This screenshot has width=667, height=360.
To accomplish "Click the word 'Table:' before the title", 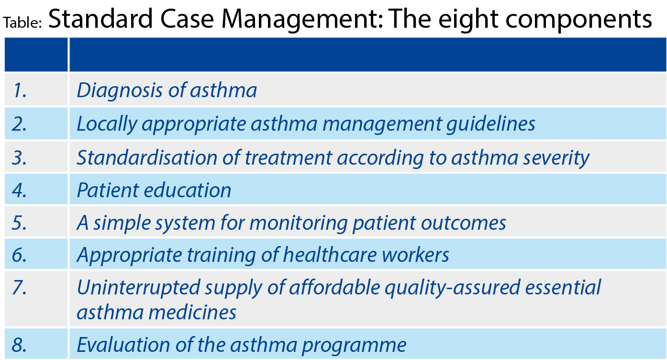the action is pyautogui.click(x=22, y=22).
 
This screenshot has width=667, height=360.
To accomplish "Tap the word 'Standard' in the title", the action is pyautogui.click(x=100, y=19).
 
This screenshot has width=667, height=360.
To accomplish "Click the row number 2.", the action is pyautogui.click(x=19, y=124).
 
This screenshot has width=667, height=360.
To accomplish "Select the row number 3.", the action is pyautogui.click(x=19, y=157).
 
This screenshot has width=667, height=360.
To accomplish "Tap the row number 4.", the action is pyautogui.click(x=19, y=190).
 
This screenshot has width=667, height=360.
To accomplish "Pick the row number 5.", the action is pyautogui.click(x=19, y=223).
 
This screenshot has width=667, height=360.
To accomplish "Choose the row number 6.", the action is pyautogui.click(x=19, y=255).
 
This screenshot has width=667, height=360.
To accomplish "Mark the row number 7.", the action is pyautogui.click(x=19, y=287).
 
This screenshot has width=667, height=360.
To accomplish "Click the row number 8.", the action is pyautogui.click(x=19, y=345).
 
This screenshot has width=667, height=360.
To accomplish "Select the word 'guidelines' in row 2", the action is pyautogui.click(x=491, y=124).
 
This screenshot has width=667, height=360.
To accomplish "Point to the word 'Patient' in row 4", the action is pyautogui.click(x=108, y=190).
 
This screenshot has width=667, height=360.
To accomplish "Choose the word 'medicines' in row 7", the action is pyautogui.click(x=192, y=312).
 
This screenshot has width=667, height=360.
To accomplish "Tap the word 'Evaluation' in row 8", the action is pyautogui.click(x=123, y=345).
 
